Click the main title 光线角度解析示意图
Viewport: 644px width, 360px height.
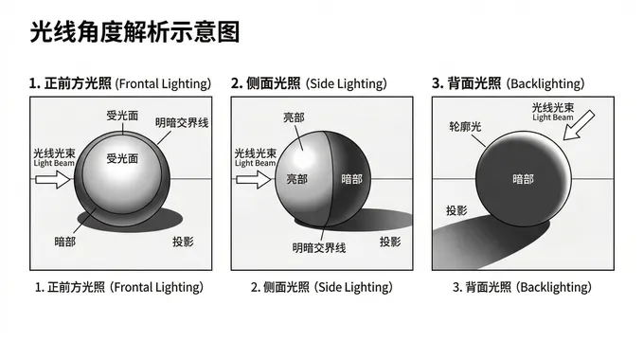pyautogui.click(x=134, y=32)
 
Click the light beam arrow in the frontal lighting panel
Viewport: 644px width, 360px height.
pyautogui.click(x=53, y=180)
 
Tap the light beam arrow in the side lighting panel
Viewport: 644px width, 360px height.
pyautogui.click(x=254, y=180)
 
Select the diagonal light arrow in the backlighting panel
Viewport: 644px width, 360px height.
pyautogui.click(x=579, y=125)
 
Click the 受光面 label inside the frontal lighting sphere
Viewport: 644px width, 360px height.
pyautogui.click(x=122, y=158)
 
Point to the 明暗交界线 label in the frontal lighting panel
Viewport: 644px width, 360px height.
pyautogui.click(x=182, y=122)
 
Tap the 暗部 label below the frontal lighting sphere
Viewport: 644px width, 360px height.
pyautogui.click(x=65, y=242)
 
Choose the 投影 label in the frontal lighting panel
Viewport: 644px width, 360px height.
pyautogui.click(x=183, y=242)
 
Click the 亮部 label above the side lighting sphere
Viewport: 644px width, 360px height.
pyautogui.click(x=295, y=117)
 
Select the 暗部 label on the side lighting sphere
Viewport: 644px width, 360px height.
pyautogui.click(x=352, y=179)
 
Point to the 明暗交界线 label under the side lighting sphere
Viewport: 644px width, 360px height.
pyautogui.click(x=319, y=248)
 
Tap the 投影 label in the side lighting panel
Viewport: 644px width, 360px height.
pyautogui.click(x=390, y=242)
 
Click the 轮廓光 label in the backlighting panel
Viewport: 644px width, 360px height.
pyautogui.click(x=465, y=126)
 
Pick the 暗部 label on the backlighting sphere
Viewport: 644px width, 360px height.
pyautogui.click(x=523, y=179)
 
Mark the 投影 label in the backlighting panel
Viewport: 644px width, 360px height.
pyautogui.click(x=456, y=210)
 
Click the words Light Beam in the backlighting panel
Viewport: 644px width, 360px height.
pyautogui.click(x=553, y=117)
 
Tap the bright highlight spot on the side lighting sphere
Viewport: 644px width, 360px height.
pyautogui.click(x=303, y=156)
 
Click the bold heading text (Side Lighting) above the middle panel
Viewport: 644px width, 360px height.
pyautogui.click(x=347, y=83)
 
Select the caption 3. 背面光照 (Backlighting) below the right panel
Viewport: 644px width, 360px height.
pyautogui.click(x=522, y=287)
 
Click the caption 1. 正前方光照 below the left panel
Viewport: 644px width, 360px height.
pyautogui.click(x=70, y=287)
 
